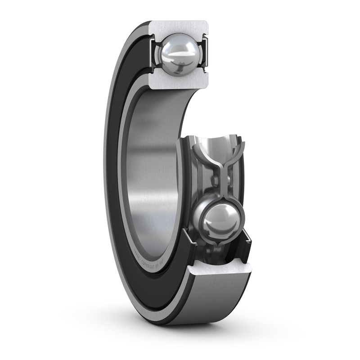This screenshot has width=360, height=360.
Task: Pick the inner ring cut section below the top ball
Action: tap(179, 82)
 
